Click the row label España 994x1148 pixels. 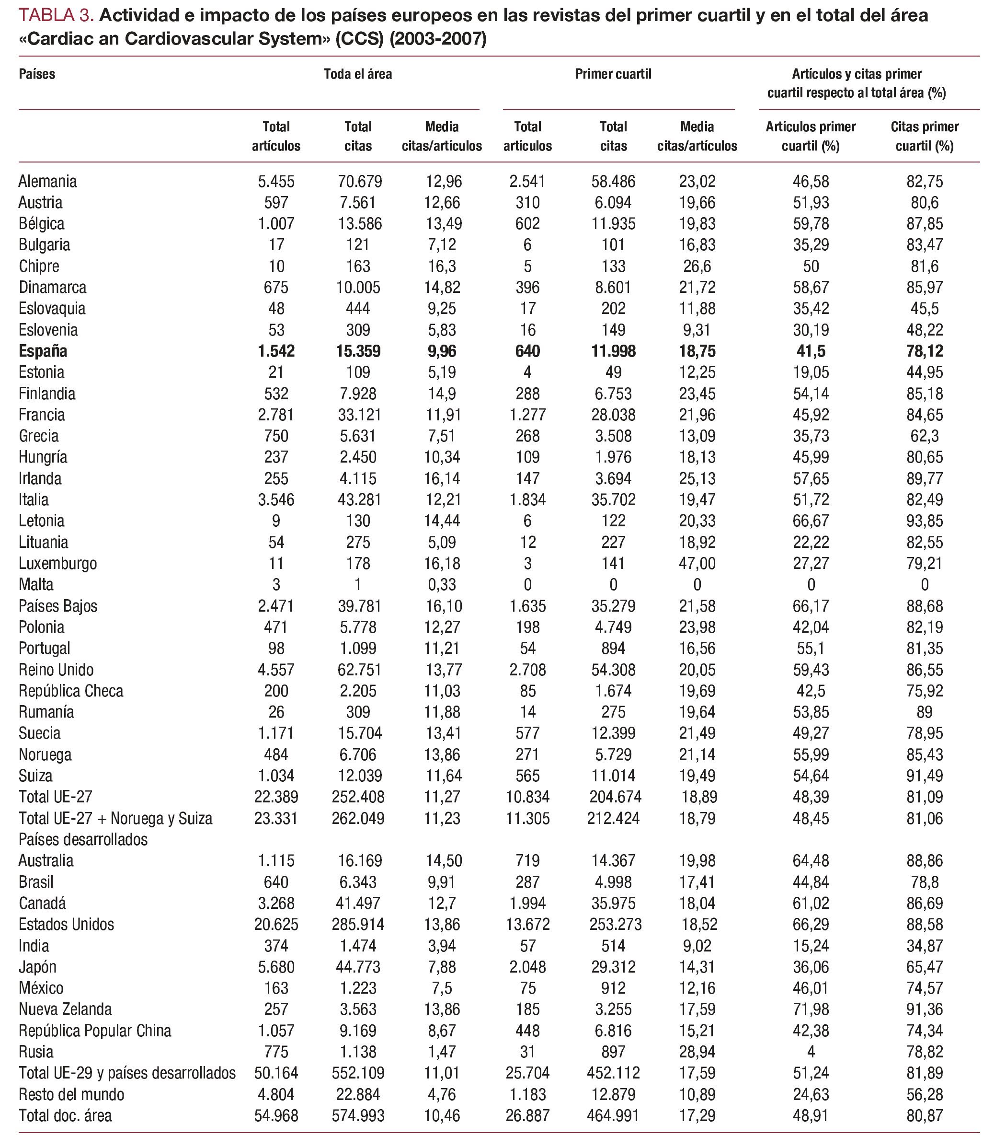[43, 351]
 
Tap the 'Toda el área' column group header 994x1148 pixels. [358, 74]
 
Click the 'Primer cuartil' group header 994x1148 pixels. [613, 74]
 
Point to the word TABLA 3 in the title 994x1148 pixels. [56, 15]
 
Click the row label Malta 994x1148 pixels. [36, 585]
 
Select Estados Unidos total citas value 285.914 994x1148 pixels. [358, 924]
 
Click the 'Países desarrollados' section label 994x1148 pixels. [83, 839]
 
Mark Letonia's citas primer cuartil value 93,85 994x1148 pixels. [924, 521]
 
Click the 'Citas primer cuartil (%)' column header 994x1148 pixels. [924, 136]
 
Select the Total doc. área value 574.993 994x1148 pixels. [358, 1115]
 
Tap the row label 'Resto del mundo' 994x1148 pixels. [71, 1094]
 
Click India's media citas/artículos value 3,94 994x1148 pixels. [442, 945]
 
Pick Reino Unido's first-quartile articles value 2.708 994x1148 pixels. [527, 670]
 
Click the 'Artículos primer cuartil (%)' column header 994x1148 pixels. [811, 136]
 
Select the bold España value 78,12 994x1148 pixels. [924, 351]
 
